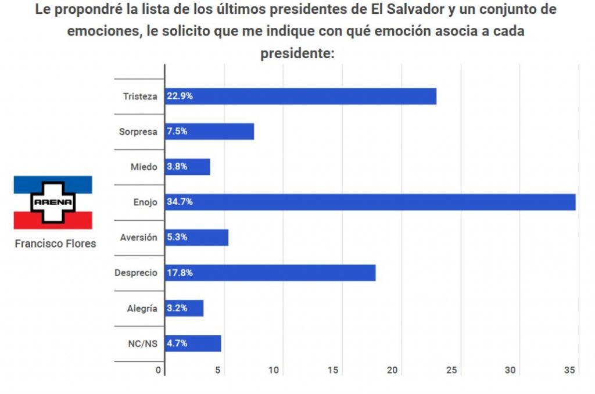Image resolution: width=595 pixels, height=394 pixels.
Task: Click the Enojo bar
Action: pyautogui.click(x=370, y=202)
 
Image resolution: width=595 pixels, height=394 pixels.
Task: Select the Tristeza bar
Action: pyautogui.click(x=300, y=96)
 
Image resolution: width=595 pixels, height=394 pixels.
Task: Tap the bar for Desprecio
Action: pyautogui.click(x=270, y=273)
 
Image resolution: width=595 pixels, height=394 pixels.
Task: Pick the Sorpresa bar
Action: pyautogui.click(x=209, y=131)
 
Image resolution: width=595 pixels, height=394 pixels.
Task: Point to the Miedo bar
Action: pyautogui.click(x=187, y=167)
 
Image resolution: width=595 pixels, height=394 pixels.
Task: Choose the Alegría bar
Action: pyautogui.click(x=184, y=308)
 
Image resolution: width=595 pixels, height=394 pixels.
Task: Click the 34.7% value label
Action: pyautogui.click(x=180, y=202)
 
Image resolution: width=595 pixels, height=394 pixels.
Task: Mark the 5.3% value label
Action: pyautogui.click(x=177, y=237)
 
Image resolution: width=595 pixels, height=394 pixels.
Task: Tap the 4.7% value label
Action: pyautogui.click(x=177, y=343)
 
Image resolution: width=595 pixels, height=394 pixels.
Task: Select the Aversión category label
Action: pyautogui.click(x=138, y=237)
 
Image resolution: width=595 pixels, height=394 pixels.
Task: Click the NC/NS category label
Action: pyautogui.click(x=143, y=343)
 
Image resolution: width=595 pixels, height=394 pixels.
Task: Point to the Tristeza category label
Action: pyautogui.click(x=140, y=96)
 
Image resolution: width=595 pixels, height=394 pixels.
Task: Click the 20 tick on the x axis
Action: pyautogui.click(x=393, y=370)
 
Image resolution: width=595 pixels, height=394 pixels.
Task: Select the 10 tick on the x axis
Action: pyautogui.click(x=275, y=370)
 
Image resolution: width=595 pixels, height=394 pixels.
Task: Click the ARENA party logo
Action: pyautogui.click(x=53, y=202)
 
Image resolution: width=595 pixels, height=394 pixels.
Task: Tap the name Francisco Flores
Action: pyautogui.click(x=55, y=244)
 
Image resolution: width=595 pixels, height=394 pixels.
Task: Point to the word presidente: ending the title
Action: pyautogui.click(x=297, y=53)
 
